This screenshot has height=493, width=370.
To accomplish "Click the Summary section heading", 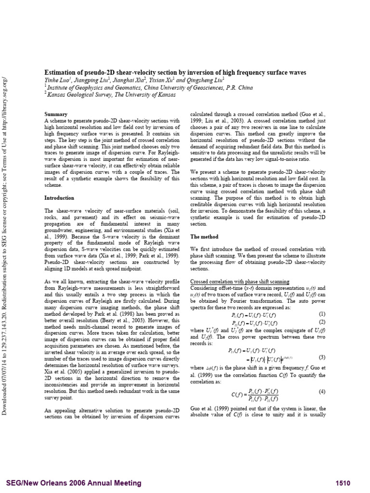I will click(56, 114).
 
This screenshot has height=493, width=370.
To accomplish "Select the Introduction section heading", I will click(59, 197).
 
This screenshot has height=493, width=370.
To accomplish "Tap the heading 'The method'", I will click(204, 237).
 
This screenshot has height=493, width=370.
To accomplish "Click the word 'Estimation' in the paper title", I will click(61, 72).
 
